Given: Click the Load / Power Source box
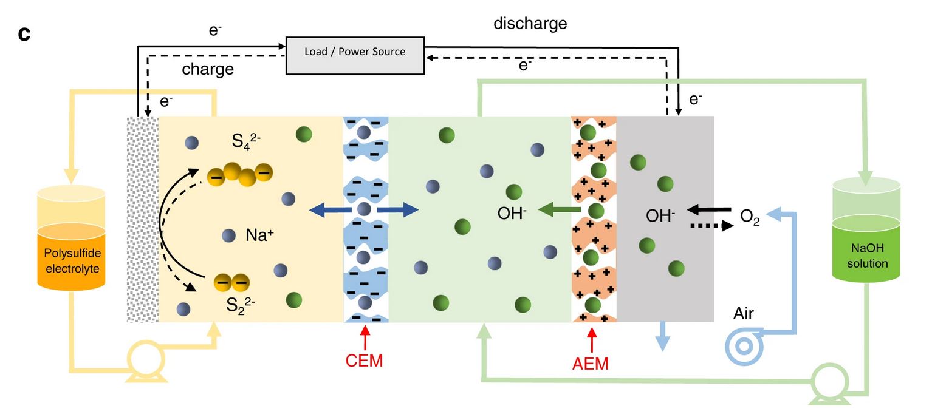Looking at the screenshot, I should [x=354, y=52].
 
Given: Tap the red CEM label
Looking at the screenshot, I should [x=364, y=361].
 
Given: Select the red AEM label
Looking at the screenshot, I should [x=590, y=364].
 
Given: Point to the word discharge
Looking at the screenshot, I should [x=530, y=24].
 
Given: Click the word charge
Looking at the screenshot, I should [x=208, y=69].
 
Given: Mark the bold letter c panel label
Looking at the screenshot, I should [x=24, y=33].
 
